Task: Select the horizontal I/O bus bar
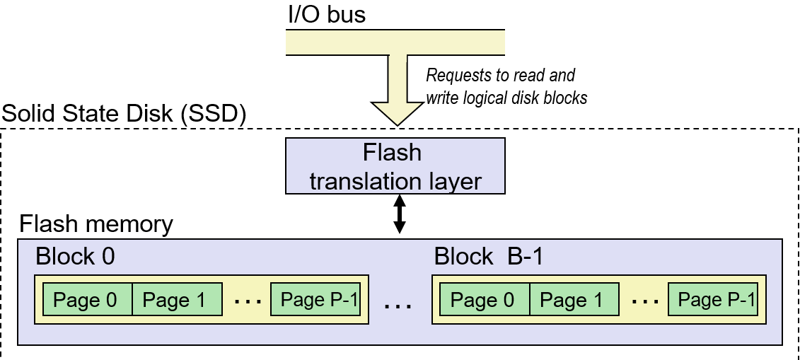pyautogui.click(x=395, y=42)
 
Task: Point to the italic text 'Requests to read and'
pyautogui.click(x=501, y=75)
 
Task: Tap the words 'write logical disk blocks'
pyautogui.click(x=506, y=98)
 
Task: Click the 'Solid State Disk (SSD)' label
pyautogui.click(x=124, y=114)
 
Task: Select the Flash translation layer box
pyautogui.click(x=395, y=166)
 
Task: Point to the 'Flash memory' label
pyautogui.click(x=95, y=224)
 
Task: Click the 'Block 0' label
pyautogui.click(x=75, y=256)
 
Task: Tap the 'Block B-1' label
pyautogui.click(x=489, y=256)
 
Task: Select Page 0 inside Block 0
pyautogui.click(x=88, y=300)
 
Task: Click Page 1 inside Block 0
pyautogui.click(x=177, y=300)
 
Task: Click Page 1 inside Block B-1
pyautogui.click(x=574, y=300)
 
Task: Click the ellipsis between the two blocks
pyautogui.click(x=399, y=306)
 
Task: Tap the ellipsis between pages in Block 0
pyautogui.click(x=248, y=302)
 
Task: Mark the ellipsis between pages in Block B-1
pyautogui.click(x=645, y=302)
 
